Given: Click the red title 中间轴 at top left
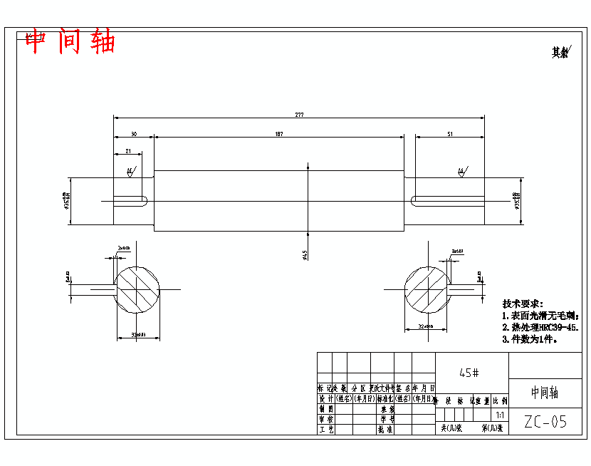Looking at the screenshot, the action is click(x=70, y=42).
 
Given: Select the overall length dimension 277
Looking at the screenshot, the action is click(x=299, y=115).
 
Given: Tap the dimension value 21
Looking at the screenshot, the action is click(x=127, y=151).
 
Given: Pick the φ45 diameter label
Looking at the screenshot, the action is click(x=305, y=254).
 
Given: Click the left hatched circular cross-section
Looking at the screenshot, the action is click(x=137, y=289).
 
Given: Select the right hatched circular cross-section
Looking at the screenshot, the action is click(x=427, y=289).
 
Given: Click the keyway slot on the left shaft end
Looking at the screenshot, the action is click(x=130, y=201).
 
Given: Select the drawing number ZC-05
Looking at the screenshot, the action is click(x=545, y=422).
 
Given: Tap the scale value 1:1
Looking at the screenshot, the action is click(x=500, y=415).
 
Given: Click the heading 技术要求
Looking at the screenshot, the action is click(x=523, y=304).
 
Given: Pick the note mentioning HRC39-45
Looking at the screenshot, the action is click(x=539, y=327).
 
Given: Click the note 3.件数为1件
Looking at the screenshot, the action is click(x=530, y=339).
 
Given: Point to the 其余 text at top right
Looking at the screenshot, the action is click(x=560, y=52).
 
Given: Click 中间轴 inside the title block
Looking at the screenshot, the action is click(x=545, y=393).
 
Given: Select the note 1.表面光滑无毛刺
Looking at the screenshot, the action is click(x=540, y=316).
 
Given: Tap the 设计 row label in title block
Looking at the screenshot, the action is click(x=326, y=399).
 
